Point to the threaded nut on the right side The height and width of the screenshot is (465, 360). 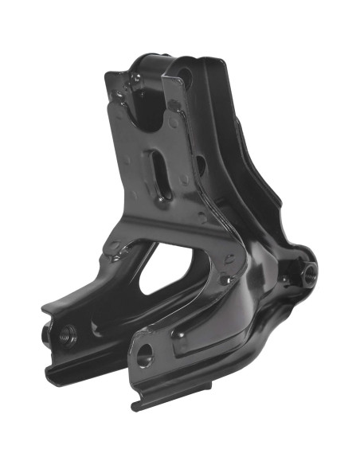[309, 272]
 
